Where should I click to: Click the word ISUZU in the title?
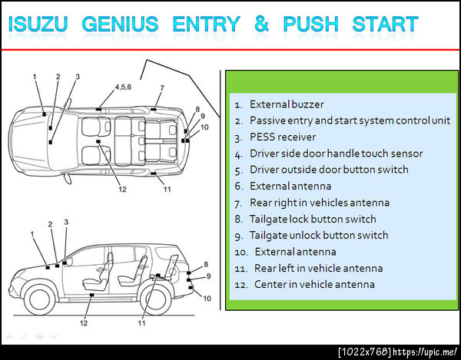click(x=38, y=24)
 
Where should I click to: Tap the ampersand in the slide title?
click(x=262, y=24)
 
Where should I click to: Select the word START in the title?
click(x=385, y=24)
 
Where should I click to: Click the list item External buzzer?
click(x=287, y=104)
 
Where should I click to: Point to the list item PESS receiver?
click(x=283, y=137)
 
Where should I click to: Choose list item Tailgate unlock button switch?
click(x=319, y=236)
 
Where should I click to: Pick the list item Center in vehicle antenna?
click(x=314, y=285)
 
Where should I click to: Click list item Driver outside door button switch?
click(x=329, y=170)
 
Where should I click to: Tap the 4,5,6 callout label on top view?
click(x=123, y=87)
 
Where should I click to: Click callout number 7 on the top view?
click(x=162, y=88)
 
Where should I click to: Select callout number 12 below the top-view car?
click(x=123, y=189)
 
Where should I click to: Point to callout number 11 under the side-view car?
click(x=141, y=323)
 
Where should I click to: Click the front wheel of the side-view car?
click(x=39, y=300)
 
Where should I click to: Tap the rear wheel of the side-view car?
click(x=156, y=300)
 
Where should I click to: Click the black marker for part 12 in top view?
click(x=98, y=141)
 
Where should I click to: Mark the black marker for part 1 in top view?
click(x=44, y=114)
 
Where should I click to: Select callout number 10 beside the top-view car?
click(x=204, y=127)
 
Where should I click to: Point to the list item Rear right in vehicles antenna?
click(x=320, y=203)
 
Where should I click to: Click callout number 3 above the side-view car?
click(x=66, y=223)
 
